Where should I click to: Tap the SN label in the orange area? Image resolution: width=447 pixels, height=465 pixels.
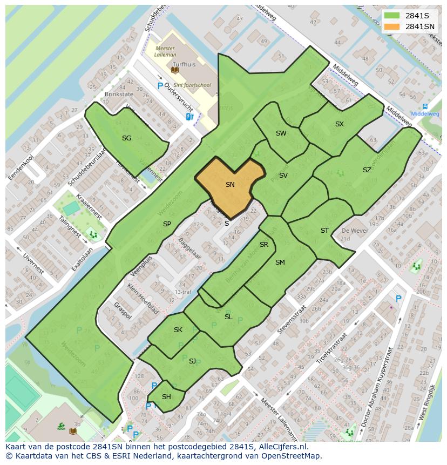click(230, 185)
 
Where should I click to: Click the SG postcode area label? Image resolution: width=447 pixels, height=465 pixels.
click(126, 138)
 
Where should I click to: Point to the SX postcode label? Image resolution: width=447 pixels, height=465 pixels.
click(339, 124)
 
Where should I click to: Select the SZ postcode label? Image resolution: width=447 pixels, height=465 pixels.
click(367, 170)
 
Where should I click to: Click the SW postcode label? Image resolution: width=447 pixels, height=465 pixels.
click(281, 133)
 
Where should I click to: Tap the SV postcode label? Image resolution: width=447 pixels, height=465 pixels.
click(283, 176)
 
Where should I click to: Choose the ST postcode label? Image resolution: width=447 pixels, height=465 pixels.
click(324, 231)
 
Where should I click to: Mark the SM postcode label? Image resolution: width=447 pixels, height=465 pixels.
click(280, 262)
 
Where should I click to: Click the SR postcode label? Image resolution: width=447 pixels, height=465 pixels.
click(264, 245)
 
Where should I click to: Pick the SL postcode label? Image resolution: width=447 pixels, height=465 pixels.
click(228, 317)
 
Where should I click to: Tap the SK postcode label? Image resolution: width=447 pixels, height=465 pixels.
click(178, 330)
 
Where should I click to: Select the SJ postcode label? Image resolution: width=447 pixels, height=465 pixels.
click(192, 361)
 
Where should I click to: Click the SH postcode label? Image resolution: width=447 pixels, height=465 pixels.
click(166, 397)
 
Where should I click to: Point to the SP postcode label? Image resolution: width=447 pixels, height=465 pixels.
click(167, 224)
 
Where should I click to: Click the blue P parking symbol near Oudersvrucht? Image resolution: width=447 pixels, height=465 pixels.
click(160, 86)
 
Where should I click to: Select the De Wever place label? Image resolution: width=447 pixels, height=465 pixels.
click(354, 231)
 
